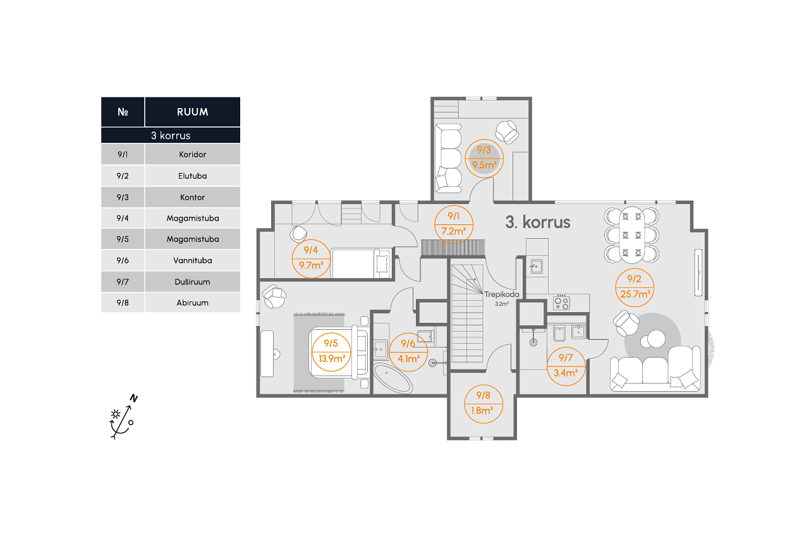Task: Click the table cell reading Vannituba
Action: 193,260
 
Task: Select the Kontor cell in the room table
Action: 193,197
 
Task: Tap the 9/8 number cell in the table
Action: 123,303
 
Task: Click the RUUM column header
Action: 193,112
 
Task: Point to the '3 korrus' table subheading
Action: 171,135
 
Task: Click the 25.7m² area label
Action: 635,294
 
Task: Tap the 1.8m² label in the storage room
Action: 482,411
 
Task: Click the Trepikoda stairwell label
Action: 502,294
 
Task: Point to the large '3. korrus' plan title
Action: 538,222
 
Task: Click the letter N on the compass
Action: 134,398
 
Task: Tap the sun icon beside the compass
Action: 116,414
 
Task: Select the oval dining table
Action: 631,235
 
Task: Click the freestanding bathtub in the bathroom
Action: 392,378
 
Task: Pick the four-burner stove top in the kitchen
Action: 562,303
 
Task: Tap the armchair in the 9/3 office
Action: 507,132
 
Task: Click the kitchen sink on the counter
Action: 537,267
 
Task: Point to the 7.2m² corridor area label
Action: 454,231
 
